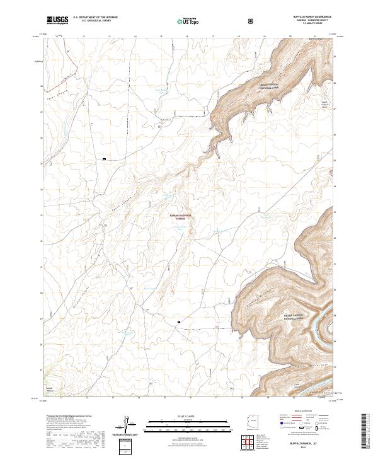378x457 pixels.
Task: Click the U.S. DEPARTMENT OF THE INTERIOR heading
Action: (x=95, y=18)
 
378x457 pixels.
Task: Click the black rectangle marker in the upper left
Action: (x=105, y=159)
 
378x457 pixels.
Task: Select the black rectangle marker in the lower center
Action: (x=179, y=321)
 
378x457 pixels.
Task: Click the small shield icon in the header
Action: (x=251, y=20)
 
